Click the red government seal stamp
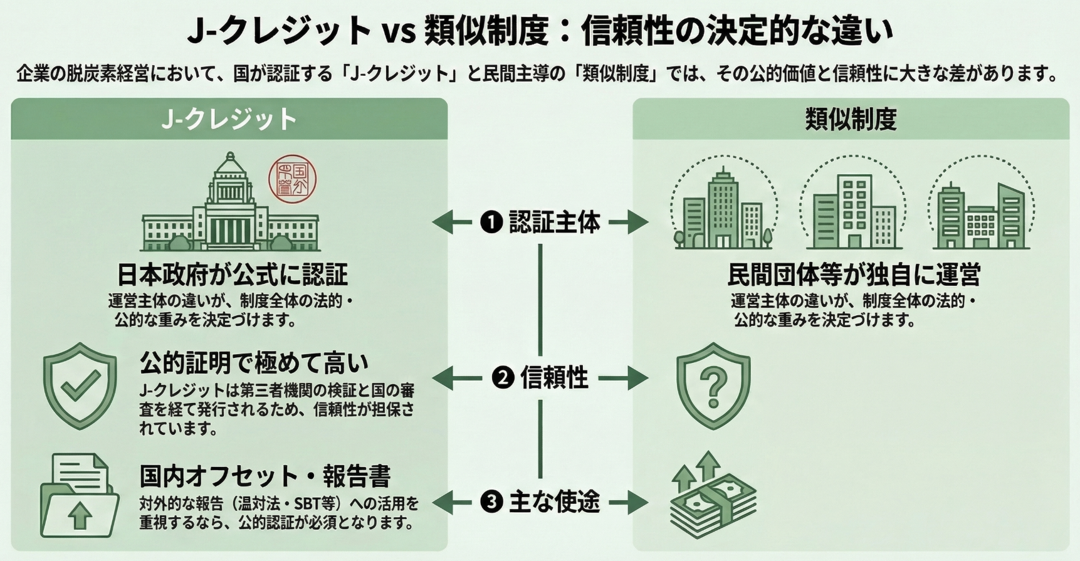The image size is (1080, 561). click(292, 179)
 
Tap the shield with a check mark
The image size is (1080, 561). click(80, 385)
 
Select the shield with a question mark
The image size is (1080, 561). click(713, 385)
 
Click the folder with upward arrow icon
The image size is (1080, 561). click(79, 497)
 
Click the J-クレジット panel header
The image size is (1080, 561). click(229, 119)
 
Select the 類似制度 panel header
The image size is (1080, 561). click(851, 119)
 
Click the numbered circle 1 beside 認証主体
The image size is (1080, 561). click(491, 222)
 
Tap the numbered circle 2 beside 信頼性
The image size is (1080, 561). click(503, 378)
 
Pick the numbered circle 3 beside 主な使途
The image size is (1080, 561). click(491, 501)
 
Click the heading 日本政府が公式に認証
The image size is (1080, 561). click(232, 274)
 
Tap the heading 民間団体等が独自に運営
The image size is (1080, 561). click(854, 274)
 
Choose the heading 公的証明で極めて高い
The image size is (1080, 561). click(254, 362)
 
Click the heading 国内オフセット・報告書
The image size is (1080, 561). click(265, 476)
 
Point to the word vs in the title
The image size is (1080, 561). click(399, 31)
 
